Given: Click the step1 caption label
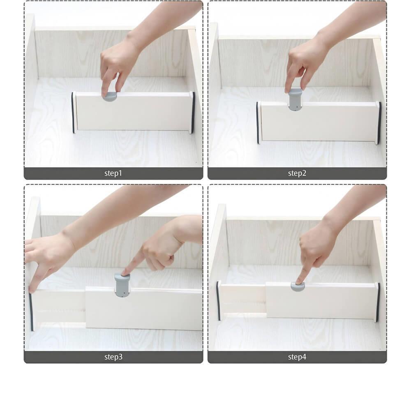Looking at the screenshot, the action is [x=113, y=173].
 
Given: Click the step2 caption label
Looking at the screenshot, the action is [x=297, y=173].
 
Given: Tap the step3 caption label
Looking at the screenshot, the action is [x=113, y=357].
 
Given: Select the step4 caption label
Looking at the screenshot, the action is [x=297, y=357].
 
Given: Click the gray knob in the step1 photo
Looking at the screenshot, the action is [x=110, y=97].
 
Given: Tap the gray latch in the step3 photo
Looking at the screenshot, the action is [x=122, y=285].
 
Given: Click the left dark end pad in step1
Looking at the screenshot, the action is [x=73, y=112].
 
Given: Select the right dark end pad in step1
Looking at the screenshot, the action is [x=194, y=113].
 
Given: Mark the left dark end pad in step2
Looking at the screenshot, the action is [x=258, y=122].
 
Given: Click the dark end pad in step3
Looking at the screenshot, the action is [x=31, y=312].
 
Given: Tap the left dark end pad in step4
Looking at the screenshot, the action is [x=218, y=301].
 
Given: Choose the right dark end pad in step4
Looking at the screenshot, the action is [x=378, y=302].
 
